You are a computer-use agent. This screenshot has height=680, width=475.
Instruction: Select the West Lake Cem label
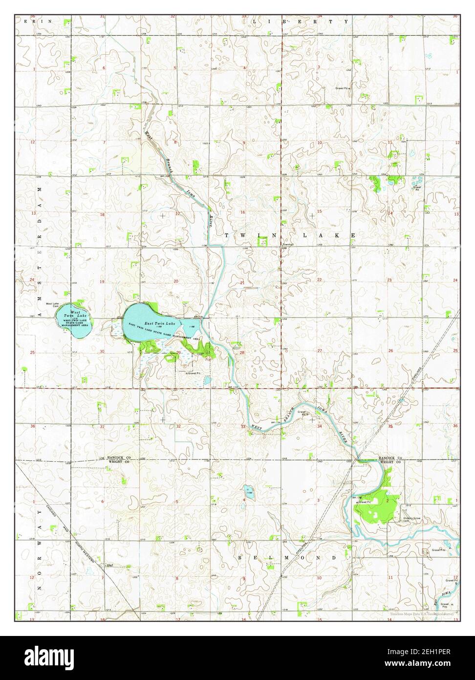[x=52, y=305]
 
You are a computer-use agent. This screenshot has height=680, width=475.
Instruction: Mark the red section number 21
[x=242, y=283]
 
